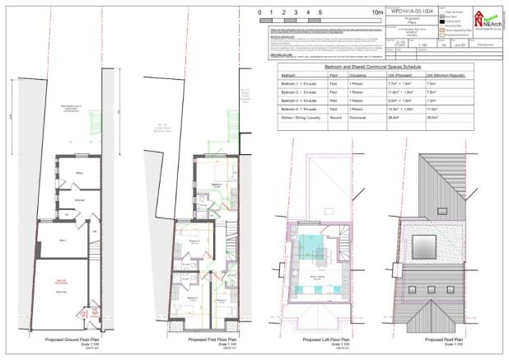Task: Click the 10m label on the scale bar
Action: coord(378,13)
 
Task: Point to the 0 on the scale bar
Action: coord(259,13)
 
